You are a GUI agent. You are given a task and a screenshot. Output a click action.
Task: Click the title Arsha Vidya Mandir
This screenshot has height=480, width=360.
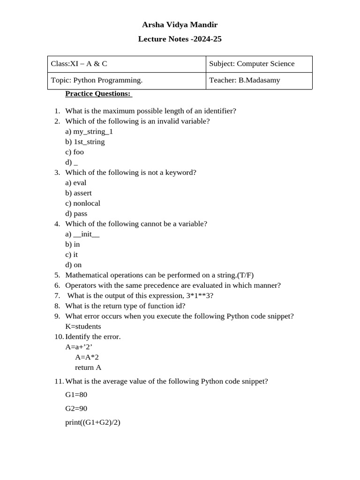tap(180, 25)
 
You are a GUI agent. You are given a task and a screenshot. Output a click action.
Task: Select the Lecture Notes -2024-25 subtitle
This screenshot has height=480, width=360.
tap(180, 39)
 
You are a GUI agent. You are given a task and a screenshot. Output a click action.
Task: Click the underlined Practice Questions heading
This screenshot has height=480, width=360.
tap(98, 94)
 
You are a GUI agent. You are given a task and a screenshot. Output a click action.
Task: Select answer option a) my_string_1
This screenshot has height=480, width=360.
tap(89, 132)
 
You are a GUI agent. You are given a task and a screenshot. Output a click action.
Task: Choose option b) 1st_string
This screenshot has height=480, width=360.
tap(85, 142)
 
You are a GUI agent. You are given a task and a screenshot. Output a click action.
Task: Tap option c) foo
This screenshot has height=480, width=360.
tap(75, 152)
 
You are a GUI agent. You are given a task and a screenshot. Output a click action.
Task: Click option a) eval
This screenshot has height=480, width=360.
tap(76, 183)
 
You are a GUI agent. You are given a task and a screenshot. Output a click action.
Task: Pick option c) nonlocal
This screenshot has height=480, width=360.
tap(82, 203)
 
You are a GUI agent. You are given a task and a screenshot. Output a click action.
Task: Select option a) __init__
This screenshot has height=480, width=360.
tap(82, 234)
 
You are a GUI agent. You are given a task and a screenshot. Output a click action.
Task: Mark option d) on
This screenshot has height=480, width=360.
tap(74, 265)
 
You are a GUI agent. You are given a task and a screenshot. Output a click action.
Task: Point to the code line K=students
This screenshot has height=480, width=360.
tap(83, 326)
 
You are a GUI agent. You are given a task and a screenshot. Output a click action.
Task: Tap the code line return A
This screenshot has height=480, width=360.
tap(88, 367)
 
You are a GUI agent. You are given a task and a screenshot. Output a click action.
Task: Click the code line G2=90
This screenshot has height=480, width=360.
tap(76, 408)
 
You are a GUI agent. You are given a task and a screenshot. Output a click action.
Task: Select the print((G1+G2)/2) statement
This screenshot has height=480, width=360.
tap(93, 422)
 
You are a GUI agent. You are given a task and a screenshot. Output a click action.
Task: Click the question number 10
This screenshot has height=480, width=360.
tap(59, 337)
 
